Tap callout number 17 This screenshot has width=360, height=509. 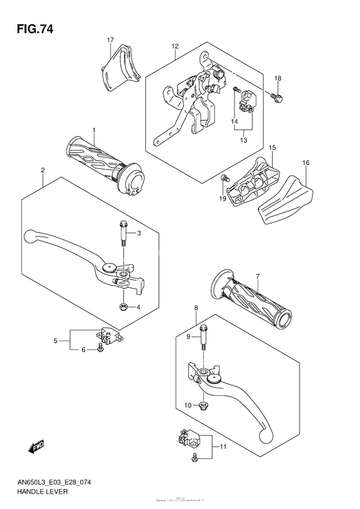tap(110, 40)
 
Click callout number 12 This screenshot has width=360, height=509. tap(174, 46)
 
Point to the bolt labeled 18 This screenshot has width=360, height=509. tap(276, 97)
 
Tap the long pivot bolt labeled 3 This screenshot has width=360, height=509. tap(122, 232)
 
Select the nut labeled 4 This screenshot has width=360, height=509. tap(122, 307)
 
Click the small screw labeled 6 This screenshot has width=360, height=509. tap(100, 349)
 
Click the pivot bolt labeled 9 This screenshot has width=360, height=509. tap(204, 336)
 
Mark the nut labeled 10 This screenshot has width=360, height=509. tap(203, 405)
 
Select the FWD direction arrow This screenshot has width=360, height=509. tap(32, 444)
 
